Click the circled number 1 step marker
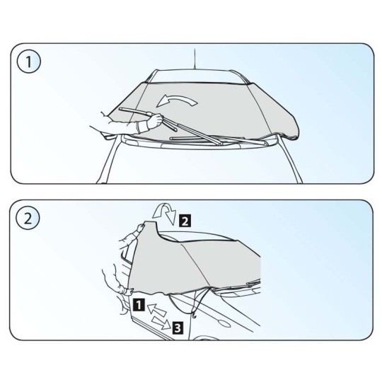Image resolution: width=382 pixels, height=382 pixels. pos(29,61)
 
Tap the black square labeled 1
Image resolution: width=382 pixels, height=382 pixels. pos(139,305)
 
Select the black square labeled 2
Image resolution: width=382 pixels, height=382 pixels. pos(185,221)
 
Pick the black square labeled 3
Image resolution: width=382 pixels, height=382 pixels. pos(178,328)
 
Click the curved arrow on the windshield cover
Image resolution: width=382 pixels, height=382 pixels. pos(177,100)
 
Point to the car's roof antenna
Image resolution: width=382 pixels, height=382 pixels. pos(195,59)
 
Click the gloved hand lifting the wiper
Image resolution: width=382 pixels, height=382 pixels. pos(154,120)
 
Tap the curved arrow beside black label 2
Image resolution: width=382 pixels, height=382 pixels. pos(164,212)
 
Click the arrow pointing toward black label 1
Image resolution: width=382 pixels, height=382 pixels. pos(156,309)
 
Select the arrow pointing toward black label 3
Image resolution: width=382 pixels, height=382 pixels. pos(161,323)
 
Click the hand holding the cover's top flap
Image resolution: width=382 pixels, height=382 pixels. pos(141,228)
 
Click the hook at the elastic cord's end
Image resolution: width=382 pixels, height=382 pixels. pos(194,316)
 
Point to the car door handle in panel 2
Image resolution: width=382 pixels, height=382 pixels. pos(224,324)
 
